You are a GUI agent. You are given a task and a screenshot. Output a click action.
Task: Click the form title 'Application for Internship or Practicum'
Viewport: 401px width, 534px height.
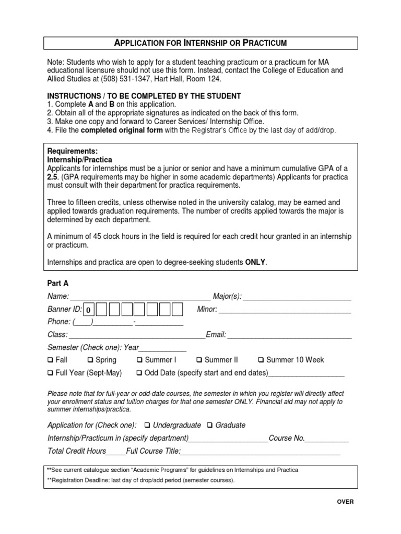200,42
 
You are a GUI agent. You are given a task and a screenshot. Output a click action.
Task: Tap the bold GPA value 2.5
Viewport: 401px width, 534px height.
52,177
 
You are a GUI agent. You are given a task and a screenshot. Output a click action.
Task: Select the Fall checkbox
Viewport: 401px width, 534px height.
50,360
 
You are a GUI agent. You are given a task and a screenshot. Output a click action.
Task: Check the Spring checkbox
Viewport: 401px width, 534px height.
90,360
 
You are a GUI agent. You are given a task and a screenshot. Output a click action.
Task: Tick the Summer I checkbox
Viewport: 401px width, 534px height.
139,360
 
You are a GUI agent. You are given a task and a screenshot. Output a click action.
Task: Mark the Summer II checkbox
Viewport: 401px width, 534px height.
199,360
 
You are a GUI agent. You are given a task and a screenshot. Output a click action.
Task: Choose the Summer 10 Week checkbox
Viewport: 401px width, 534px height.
261,360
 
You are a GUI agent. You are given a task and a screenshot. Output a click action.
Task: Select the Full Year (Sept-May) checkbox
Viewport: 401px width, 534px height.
50,373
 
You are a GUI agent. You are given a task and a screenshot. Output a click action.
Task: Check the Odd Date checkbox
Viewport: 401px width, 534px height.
139,373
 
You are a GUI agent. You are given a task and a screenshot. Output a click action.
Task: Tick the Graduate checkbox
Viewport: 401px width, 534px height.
210,425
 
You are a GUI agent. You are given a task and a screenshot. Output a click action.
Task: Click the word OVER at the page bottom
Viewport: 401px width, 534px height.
345,502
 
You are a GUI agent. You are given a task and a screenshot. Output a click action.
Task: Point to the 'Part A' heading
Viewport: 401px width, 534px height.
58,283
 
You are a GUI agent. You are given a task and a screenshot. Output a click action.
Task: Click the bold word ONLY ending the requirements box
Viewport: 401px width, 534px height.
256,262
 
